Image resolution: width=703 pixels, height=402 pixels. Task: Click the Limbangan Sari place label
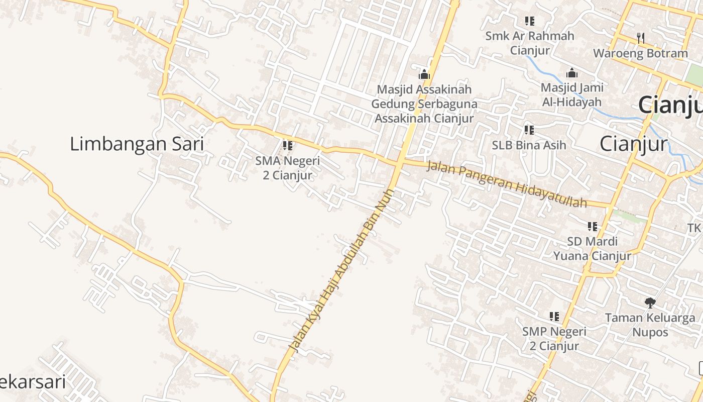pyautogui.click(x=137, y=144)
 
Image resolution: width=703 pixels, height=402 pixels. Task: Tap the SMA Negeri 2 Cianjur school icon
pyautogui.click(x=288, y=146)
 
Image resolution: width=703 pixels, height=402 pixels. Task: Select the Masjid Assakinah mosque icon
pyautogui.click(x=424, y=74)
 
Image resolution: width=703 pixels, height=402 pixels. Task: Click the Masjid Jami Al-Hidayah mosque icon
pyautogui.click(x=571, y=73)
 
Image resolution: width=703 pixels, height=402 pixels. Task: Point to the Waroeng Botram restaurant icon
pyautogui.click(x=640, y=38)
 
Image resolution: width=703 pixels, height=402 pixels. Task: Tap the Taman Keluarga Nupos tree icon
pyautogui.click(x=650, y=303)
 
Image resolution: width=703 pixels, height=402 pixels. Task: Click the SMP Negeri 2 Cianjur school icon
pyautogui.click(x=554, y=317)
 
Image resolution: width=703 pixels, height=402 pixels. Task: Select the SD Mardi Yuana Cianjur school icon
pyautogui.click(x=593, y=227)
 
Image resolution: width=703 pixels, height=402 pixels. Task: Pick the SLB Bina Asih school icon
pyautogui.click(x=529, y=130)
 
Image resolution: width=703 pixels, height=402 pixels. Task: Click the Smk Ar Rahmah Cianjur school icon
pyautogui.click(x=529, y=21)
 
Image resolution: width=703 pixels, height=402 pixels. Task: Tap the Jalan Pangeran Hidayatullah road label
pyautogui.click(x=506, y=184)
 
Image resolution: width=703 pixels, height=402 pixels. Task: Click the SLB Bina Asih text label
pyautogui.click(x=529, y=145)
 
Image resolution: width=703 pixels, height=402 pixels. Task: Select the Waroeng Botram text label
pyautogui.click(x=640, y=53)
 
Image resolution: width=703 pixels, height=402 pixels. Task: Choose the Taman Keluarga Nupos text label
pyautogui.click(x=650, y=325)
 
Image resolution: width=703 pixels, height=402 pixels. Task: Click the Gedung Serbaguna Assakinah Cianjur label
pyautogui.click(x=424, y=112)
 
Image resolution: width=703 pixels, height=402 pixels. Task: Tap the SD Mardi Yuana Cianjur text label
pyautogui.click(x=592, y=249)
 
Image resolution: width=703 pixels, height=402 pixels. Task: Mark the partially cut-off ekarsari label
pyautogui.click(x=33, y=382)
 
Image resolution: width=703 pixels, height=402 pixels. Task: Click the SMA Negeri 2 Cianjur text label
pyautogui.click(x=287, y=168)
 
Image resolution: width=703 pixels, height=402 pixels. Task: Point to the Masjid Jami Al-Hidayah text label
pyautogui.click(x=571, y=94)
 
